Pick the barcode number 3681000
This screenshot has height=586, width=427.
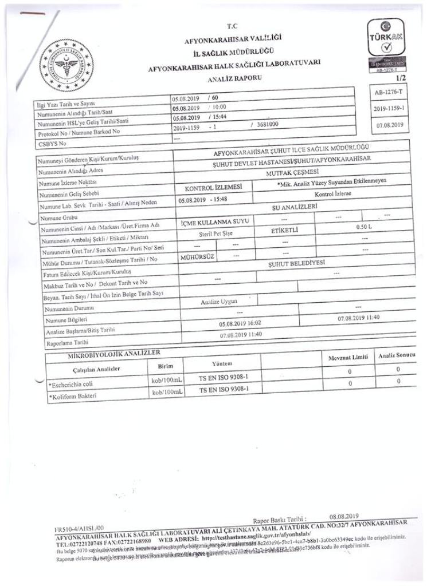pos(266,123)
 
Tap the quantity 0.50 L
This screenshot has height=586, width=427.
pos(365,227)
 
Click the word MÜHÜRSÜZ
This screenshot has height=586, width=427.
pos(197,257)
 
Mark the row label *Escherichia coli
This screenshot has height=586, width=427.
pos(73,383)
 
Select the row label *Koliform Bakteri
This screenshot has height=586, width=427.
pos(72,395)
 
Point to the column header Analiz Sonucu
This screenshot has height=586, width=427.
pos(397,355)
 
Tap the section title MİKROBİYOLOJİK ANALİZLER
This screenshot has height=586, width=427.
pos(113,357)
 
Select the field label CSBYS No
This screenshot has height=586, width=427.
pos(51,143)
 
